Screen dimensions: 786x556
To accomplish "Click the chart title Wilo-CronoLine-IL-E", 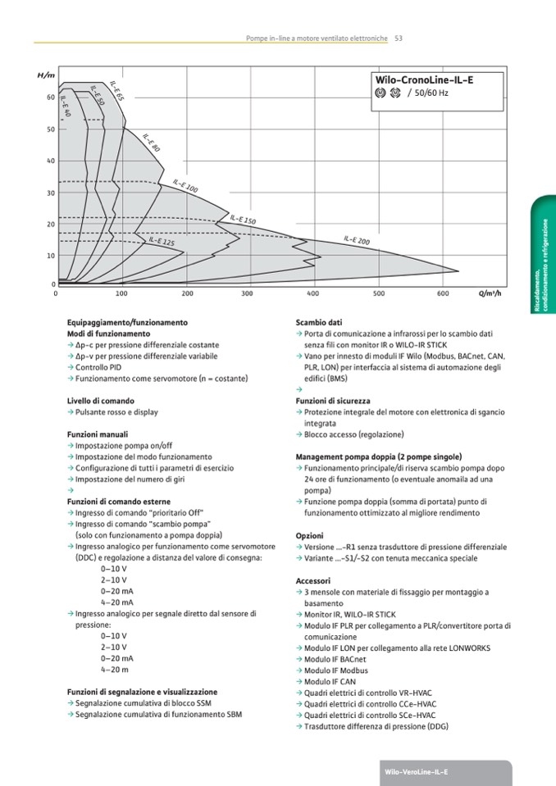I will [424, 80].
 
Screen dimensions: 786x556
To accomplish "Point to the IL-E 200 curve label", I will [356, 240].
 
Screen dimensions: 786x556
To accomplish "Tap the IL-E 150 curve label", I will [243, 220].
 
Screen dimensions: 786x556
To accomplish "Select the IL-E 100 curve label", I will [185, 186].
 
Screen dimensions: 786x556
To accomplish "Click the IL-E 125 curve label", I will [162, 242].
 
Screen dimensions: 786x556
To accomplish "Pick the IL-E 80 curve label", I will [151, 143].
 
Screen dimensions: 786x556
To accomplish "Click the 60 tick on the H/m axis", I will [51, 98].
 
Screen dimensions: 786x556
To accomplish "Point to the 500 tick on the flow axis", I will [379, 293].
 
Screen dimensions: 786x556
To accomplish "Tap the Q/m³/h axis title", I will [490, 293].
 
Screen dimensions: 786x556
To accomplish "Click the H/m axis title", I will [46, 75].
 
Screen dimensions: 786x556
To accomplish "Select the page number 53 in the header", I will [398, 38].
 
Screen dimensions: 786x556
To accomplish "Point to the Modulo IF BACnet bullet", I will [335, 659].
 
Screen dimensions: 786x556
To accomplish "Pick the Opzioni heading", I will [309, 535].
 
